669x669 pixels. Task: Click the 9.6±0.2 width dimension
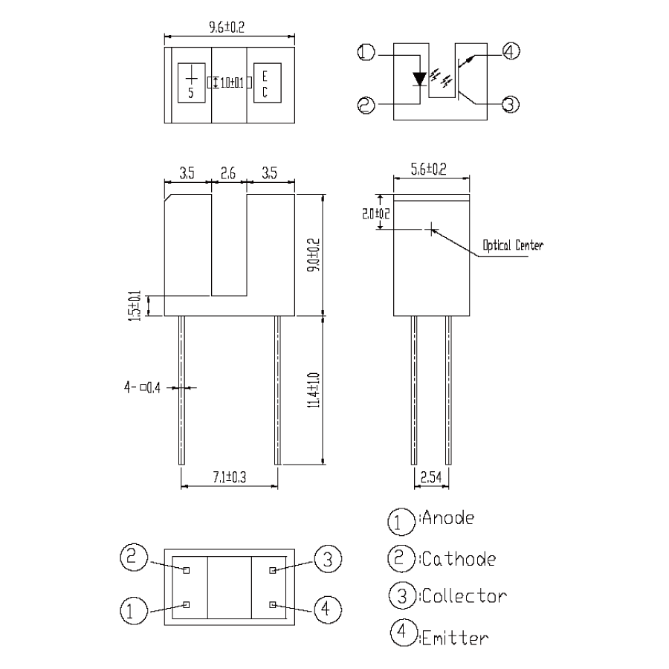[x=228, y=28]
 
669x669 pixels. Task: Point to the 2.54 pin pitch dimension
[x=432, y=476]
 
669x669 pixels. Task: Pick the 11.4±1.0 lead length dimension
[x=315, y=390]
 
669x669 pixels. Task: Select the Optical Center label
[x=512, y=245]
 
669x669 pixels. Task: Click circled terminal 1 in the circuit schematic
[x=366, y=53]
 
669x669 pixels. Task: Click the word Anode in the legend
[x=447, y=518]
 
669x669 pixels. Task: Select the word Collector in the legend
[x=464, y=596]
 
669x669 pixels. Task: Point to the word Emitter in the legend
[x=454, y=637]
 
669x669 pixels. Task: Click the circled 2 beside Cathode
[x=400, y=557]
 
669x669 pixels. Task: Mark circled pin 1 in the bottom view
[x=131, y=610]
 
